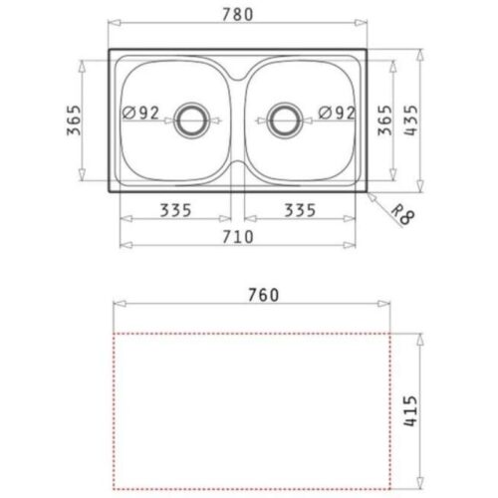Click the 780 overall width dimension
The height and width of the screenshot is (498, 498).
pyautogui.click(x=237, y=15)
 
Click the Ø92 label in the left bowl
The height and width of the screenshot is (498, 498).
pyautogui.click(x=142, y=113)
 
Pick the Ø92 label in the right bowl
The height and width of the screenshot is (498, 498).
pyautogui.click(x=337, y=113)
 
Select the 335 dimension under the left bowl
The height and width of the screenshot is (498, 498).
pyautogui.click(x=175, y=211)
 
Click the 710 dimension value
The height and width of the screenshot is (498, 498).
pyautogui.click(x=236, y=236)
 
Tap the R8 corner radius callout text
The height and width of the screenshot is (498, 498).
pyautogui.click(x=399, y=215)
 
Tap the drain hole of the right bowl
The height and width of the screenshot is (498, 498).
pyautogui.click(x=286, y=119)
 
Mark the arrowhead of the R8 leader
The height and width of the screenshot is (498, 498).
pyautogui.click(x=368, y=193)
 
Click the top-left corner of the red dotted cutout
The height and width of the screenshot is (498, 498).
pyautogui.click(x=112, y=332)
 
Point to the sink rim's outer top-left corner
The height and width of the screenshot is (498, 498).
pyautogui.click(x=108, y=49)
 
